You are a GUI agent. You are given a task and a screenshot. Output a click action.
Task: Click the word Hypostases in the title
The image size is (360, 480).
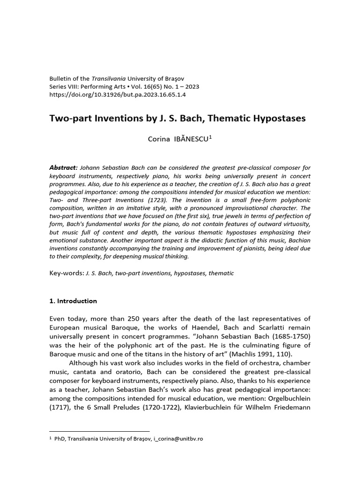tap(280, 119)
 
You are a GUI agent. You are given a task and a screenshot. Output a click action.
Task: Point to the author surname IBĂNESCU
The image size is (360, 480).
tap(190, 139)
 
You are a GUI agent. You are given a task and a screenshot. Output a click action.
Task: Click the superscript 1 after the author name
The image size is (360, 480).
tap(211, 137)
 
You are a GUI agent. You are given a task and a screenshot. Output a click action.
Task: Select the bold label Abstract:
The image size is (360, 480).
tap(63, 168)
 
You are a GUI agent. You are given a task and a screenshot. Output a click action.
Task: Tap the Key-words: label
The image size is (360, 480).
tap(67, 273)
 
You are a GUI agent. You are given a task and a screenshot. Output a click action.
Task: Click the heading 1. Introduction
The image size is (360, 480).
tap(73, 301)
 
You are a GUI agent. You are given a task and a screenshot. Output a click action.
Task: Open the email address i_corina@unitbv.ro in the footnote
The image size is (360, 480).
tap(178, 439)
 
